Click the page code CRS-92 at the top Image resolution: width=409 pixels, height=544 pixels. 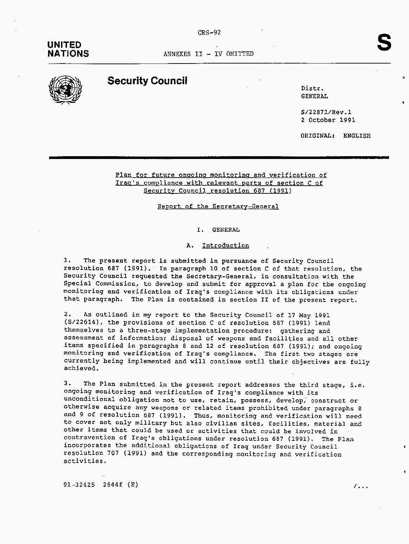click(x=209, y=33)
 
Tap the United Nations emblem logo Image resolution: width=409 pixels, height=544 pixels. click(x=66, y=89)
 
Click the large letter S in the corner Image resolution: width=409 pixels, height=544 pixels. click(x=384, y=43)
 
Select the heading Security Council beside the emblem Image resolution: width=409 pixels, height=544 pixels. click(x=147, y=81)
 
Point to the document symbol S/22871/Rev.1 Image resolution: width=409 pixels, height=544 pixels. click(x=326, y=112)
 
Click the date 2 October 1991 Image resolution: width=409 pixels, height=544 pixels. click(x=328, y=120)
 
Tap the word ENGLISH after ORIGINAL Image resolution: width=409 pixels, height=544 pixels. click(x=357, y=136)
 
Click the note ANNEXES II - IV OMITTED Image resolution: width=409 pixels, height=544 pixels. click(x=208, y=54)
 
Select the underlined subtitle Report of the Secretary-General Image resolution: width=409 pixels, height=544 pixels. click(x=218, y=206)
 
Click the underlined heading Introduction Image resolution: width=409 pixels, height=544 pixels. click(x=225, y=245)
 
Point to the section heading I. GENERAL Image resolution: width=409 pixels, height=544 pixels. click(x=219, y=230)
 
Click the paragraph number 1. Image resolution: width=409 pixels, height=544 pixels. click(x=67, y=260)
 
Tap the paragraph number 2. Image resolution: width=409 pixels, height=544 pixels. click(x=67, y=314)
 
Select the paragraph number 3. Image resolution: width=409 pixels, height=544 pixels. click(x=67, y=384)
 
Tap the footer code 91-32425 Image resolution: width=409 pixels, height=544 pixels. click(x=79, y=485)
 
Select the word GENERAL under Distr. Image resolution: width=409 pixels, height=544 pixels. click(x=315, y=96)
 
